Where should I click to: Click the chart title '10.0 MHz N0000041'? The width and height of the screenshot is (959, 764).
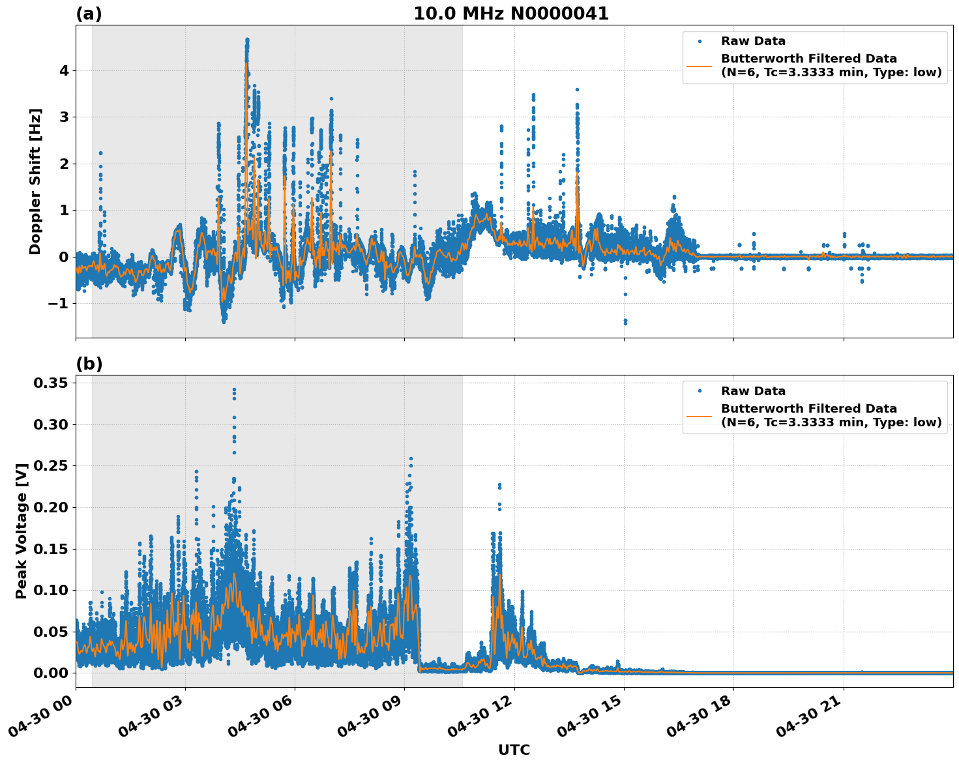point(510,14)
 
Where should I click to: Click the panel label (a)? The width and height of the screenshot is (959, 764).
point(89,14)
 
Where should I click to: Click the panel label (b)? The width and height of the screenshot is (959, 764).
point(89,364)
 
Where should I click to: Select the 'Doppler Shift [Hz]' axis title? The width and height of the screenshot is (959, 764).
point(35,181)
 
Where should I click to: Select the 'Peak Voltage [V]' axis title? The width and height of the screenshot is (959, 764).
point(22,531)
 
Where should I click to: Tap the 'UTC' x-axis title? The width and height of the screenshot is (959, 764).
point(514,750)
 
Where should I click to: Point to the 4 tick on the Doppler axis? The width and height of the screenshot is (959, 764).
point(64,70)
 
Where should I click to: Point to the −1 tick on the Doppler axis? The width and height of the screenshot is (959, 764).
point(59,304)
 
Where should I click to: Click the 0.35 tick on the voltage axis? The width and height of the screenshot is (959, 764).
point(51,383)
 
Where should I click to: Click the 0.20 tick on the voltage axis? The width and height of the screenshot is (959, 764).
point(51,507)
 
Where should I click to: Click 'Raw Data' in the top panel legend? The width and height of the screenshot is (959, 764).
point(753,42)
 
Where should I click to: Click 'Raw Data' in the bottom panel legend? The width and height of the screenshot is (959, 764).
point(753,391)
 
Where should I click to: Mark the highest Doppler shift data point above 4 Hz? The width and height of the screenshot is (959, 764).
point(247,40)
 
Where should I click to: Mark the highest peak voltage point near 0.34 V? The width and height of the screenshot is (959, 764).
point(234,390)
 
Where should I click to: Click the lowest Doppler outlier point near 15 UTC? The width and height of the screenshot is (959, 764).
point(625,323)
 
